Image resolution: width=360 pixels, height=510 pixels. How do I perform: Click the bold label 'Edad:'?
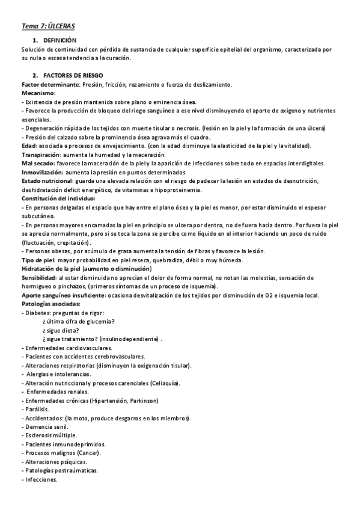29,146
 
